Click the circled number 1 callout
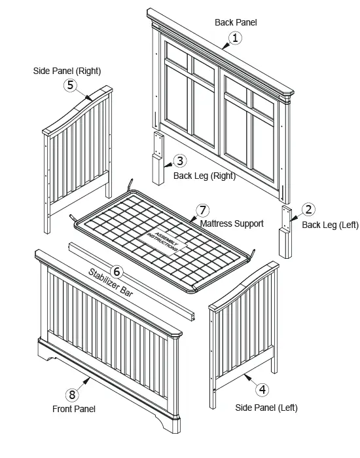(x=236, y=38)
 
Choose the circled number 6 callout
(x=116, y=271)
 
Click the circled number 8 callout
(x=71, y=394)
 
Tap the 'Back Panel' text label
(x=236, y=22)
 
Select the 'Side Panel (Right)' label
(x=67, y=70)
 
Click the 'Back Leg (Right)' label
(x=204, y=176)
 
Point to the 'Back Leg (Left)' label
(x=330, y=225)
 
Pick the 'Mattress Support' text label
(x=232, y=224)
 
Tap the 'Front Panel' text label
(x=74, y=409)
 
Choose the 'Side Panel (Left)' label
(x=266, y=408)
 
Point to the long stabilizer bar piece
(x=131, y=275)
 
